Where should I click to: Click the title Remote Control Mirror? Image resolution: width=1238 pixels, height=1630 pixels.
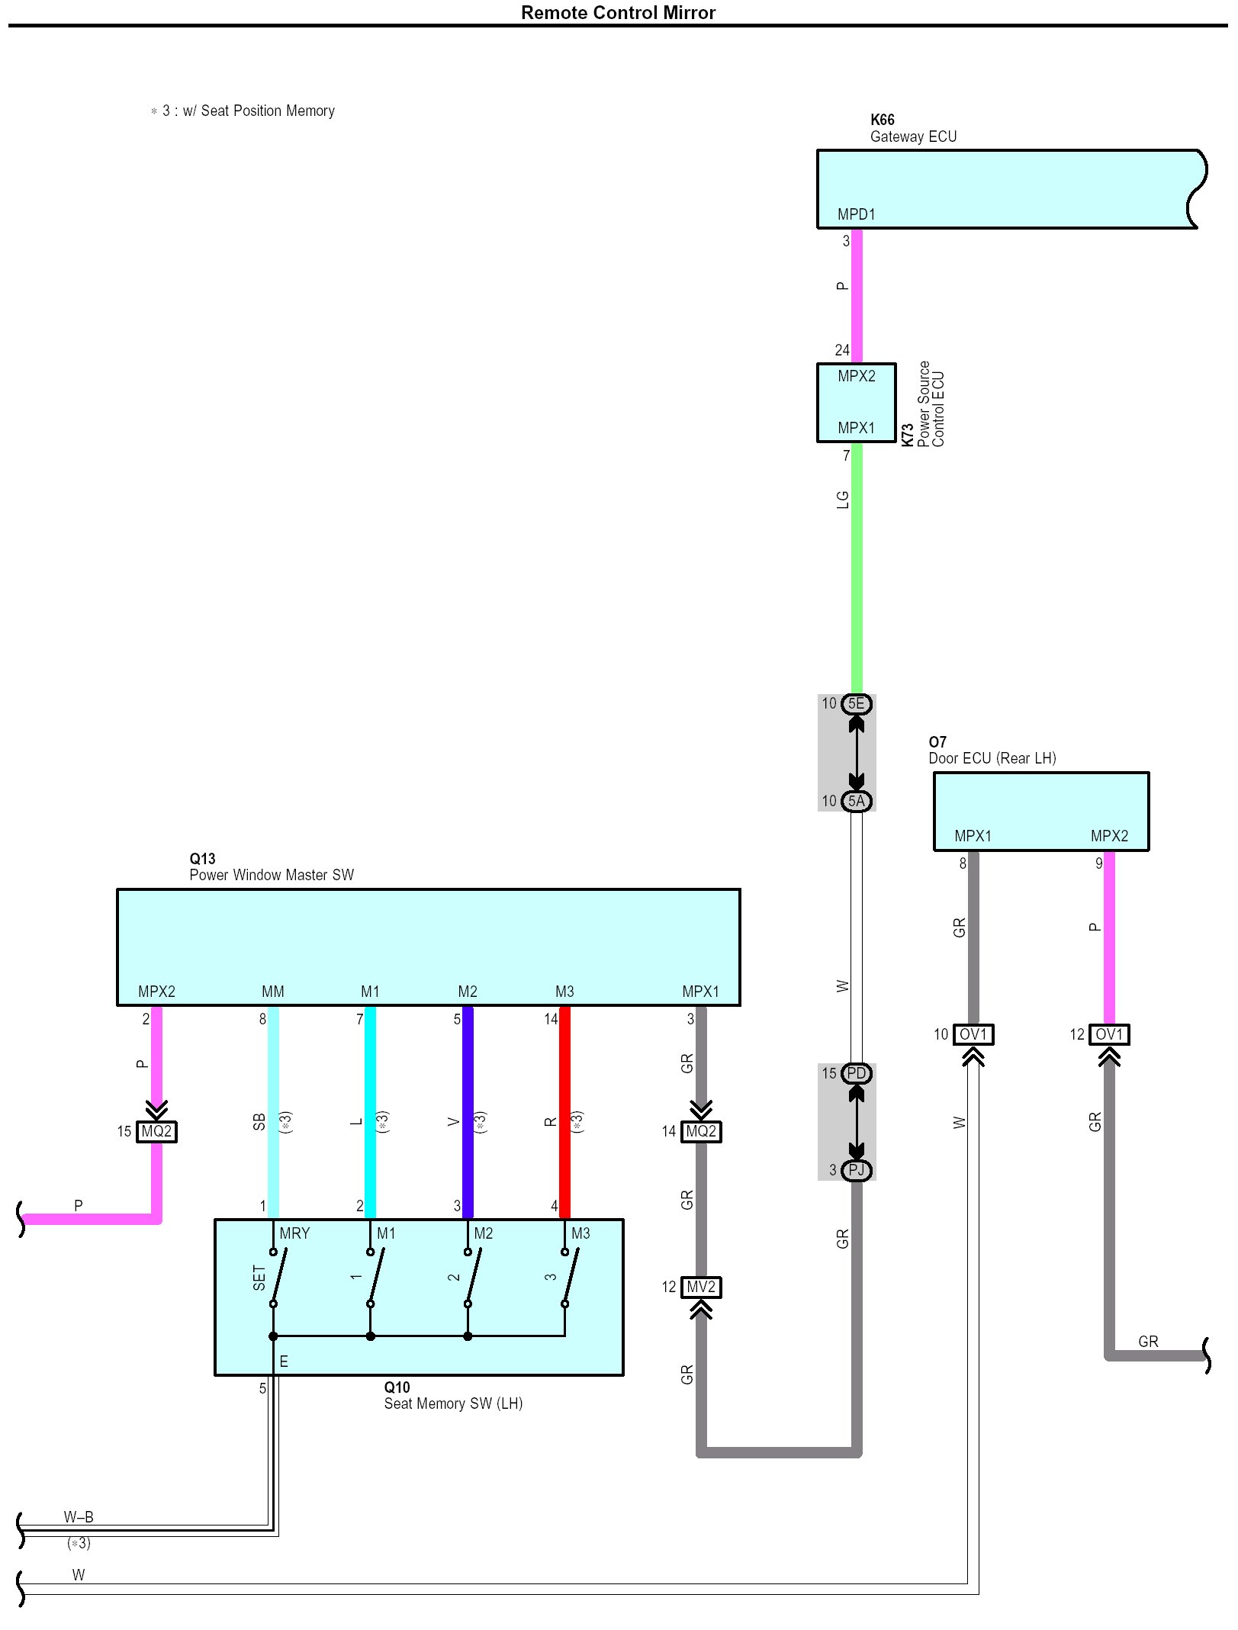[618, 12]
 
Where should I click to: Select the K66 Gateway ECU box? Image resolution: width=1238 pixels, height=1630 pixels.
[1007, 188]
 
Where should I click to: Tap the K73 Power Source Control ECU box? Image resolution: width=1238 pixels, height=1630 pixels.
[856, 402]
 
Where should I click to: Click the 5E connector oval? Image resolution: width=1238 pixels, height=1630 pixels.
[857, 703]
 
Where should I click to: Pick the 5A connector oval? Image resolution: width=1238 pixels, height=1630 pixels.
[857, 801]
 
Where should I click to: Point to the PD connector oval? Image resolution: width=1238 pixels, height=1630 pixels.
[857, 1073]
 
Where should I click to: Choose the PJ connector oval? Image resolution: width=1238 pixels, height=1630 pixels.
[857, 1170]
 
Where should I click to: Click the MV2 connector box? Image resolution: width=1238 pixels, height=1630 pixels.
[701, 1288]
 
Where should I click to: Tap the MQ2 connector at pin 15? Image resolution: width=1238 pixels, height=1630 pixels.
[156, 1131]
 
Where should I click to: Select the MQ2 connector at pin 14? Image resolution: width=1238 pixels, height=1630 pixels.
[701, 1131]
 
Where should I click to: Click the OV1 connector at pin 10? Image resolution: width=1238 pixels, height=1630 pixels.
[973, 1034]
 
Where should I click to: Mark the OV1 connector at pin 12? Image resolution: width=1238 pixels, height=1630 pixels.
[1109, 1034]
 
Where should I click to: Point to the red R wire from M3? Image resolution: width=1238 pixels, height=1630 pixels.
[565, 1114]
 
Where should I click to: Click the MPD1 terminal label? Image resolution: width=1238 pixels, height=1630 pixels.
[856, 214]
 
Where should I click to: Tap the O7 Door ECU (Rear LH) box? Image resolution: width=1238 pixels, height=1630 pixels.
[1040, 811]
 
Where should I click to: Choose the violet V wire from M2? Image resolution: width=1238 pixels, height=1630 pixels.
[468, 1114]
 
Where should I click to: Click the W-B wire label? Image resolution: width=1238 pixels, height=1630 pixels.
[79, 1517]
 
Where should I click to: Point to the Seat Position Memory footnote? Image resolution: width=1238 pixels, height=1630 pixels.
[244, 111]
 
